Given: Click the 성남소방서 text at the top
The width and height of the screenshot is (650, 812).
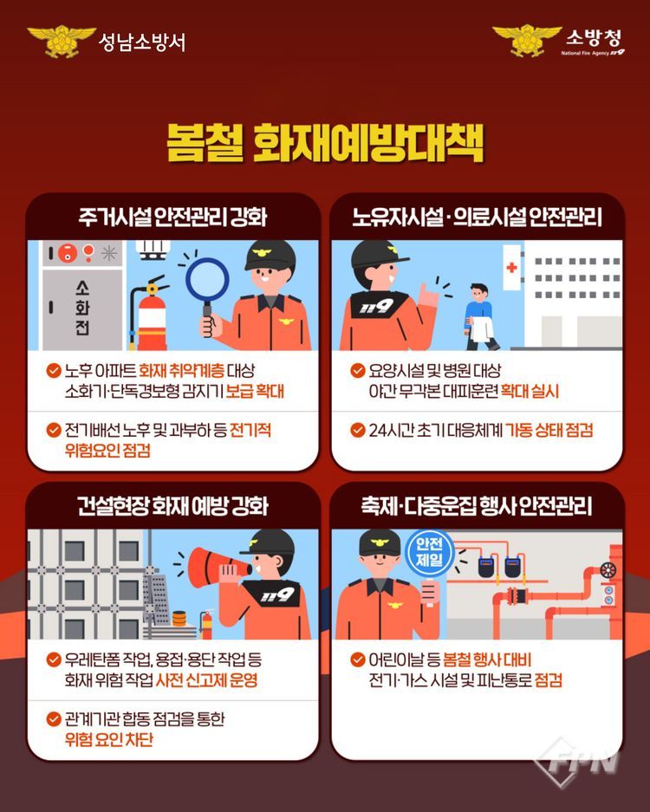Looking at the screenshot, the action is click(141, 42).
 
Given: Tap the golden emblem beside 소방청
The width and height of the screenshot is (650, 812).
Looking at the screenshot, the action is click(527, 40).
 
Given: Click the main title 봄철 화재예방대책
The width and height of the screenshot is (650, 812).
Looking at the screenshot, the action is click(325, 142).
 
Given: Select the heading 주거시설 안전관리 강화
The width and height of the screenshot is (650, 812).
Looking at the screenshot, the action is click(172, 217).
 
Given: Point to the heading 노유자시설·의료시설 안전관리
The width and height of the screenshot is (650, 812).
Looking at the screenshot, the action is click(477, 217).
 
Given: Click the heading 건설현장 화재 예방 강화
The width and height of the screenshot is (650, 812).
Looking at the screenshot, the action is click(172, 506).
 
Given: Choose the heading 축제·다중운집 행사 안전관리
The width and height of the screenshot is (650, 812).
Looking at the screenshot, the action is click(477, 506).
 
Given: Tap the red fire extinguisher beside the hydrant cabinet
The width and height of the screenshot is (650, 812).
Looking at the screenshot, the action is click(150, 315).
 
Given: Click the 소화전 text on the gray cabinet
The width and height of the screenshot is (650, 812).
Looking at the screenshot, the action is click(82, 308).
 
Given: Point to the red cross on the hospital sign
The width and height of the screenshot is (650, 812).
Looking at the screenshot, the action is click(511, 267).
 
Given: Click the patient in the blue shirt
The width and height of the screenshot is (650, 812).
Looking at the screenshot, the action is click(480, 316).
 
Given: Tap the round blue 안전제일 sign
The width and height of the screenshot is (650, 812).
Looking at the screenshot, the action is click(429, 551).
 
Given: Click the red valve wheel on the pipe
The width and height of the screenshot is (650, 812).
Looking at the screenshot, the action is click(608, 569).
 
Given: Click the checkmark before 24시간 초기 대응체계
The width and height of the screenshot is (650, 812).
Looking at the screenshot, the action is click(358, 430).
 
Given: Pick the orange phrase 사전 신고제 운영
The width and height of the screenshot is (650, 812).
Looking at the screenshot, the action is click(206, 680).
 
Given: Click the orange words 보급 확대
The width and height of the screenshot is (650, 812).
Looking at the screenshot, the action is click(256, 391).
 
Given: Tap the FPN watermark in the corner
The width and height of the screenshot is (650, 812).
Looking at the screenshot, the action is click(579, 761).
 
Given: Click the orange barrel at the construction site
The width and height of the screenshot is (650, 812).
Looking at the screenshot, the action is click(179, 619).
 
